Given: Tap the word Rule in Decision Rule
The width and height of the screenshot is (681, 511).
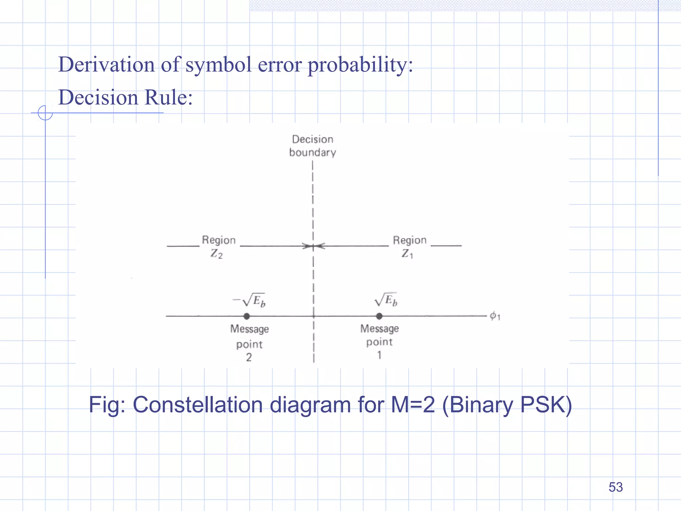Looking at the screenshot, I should click(x=168, y=97).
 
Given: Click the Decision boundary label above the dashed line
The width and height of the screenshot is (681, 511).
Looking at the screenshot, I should click(x=313, y=146).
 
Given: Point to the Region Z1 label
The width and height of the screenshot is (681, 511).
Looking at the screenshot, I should click(x=409, y=247).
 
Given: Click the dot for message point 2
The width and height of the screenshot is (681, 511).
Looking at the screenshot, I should click(x=247, y=316).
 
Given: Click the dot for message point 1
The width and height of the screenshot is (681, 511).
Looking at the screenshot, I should click(x=379, y=316).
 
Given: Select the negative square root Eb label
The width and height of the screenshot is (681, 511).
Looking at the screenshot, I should click(x=250, y=300).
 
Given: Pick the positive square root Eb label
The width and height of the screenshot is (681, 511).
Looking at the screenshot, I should click(x=386, y=300).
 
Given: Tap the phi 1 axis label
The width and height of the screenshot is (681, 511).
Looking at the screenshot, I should click(x=495, y=316).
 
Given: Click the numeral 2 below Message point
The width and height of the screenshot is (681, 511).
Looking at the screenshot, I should click(x=249, y=357).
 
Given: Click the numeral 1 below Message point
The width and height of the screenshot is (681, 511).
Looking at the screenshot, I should click(x=379, y=355).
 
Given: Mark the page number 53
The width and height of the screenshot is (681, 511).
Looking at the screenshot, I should click(x=615, y=487).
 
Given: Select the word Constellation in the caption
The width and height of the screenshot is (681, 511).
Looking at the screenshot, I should click(x=198, y=405).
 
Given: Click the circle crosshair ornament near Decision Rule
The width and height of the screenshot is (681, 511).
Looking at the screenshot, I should click(x=45, y=113).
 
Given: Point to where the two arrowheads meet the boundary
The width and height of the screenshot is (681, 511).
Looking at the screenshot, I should click(x=313, y=247).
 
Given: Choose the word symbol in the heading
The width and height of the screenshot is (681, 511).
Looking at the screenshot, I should click(x=218, y=65).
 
